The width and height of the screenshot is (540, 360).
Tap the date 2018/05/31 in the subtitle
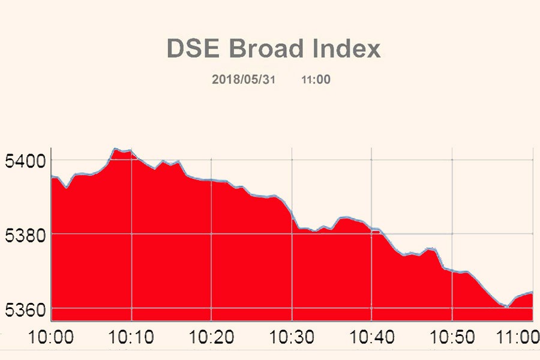tap(243, 79)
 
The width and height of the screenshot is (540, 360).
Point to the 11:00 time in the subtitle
tap(316, 79)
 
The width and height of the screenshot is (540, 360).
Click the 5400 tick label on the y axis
tap(24, 161)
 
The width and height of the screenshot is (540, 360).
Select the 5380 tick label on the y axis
tap(24, 235)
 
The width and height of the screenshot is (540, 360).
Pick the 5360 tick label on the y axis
tap(24, 309)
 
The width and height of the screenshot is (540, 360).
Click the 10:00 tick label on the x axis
tap(51, 337)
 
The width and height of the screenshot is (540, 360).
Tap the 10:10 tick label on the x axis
tap(131, 337)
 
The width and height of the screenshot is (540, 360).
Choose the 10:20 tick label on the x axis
tap(212, 337)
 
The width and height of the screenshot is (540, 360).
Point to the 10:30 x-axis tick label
tap(292, 337)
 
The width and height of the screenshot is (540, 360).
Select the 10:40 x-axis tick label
tap(372, 337)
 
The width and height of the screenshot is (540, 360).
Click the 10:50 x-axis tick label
tap(452, 337)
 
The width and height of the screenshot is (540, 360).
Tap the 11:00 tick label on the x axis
tap(517, 337)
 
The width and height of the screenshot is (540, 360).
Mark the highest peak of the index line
tap(115, 149)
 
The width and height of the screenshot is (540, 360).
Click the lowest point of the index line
tap(507, 307)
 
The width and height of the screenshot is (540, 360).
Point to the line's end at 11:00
tap(532, 293)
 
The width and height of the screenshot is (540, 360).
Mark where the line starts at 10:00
tap(52, 176)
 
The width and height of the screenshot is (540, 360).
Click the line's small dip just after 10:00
tap(67, 187)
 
